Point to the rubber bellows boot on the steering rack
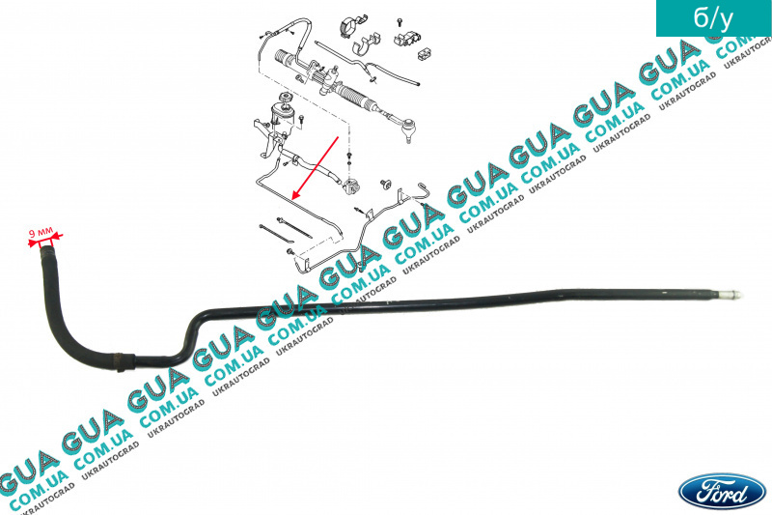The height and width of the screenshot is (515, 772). (370, 99)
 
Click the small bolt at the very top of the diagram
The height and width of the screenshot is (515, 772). (397, 19)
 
